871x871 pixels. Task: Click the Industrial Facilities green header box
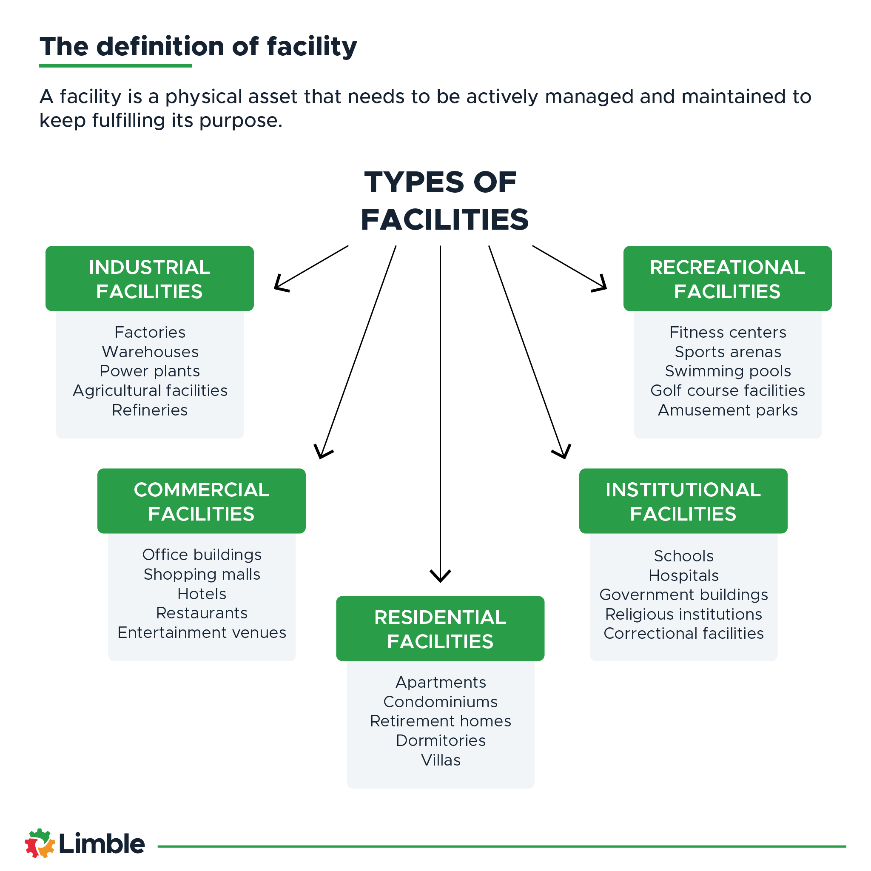click(149, 279)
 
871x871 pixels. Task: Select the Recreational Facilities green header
click(727, 279)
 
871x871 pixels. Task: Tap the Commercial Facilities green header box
click(201, 501)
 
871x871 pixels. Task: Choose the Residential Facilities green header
click(440, 629)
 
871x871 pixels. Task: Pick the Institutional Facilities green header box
click(683, 501)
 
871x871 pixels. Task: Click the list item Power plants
click(150, 371)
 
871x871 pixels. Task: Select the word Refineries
click(150, 410)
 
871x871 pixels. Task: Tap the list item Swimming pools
click(728, 371)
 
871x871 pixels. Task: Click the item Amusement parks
click(728, 410)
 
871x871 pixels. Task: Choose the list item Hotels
click(202, 594)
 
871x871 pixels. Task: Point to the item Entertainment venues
click(202, 632)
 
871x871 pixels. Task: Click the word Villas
click(441, 760)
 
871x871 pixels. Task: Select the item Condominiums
click(441, 702)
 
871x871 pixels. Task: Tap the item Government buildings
click(683, 595)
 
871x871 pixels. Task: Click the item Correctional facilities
click(683, 633)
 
